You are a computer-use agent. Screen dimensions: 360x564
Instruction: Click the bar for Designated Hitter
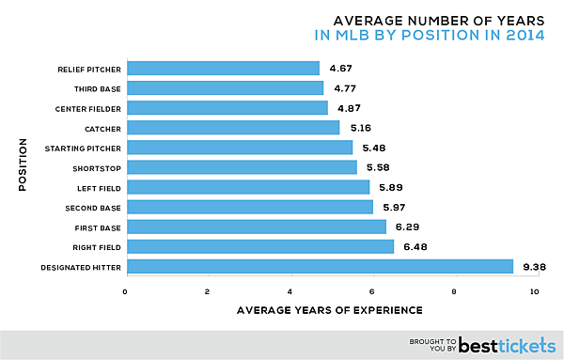click(x=319, y=267)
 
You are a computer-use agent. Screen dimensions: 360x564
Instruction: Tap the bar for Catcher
click(x=232, y=127)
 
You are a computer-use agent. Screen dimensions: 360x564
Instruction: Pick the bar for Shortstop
click(x=242, y=167)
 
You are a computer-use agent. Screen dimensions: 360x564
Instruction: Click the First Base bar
click(x=256, y=227)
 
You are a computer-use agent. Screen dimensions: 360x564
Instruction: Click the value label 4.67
click(x=341, y=68)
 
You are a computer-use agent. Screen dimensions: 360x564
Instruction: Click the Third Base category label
click(x=87, y=88)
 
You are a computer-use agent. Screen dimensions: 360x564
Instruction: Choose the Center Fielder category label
click(x=80, y=108)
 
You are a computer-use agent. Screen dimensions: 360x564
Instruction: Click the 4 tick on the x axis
click(x=290, y=290)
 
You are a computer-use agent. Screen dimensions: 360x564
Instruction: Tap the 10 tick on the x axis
click(x=536, y=290)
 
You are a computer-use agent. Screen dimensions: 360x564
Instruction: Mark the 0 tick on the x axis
click(x=126, y=290)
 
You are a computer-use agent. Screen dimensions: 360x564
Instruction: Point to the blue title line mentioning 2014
click(x=431, y=36)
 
